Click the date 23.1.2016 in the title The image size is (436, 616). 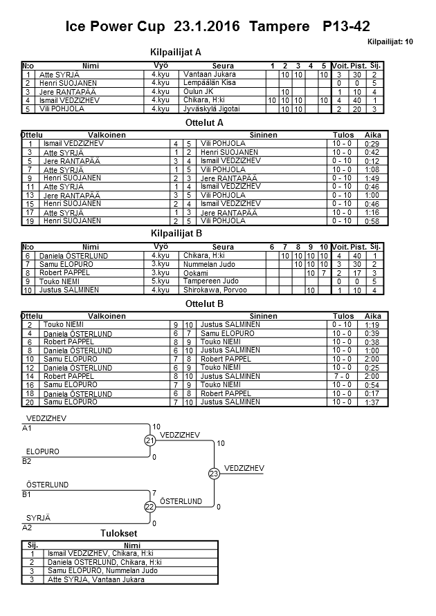(x=206, y=27)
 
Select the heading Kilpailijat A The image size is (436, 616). (x=175, y=52)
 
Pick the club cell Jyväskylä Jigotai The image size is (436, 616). (x=210, y=109)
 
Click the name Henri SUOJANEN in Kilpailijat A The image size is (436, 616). (x=67, y=83)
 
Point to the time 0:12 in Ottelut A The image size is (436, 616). (x=372, y=160)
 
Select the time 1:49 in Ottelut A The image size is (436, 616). (x=372, y=178)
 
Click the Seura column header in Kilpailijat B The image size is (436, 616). (x=223, y=247)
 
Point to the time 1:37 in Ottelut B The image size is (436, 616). (x=372, y=402)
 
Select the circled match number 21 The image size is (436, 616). (x=149, y=440)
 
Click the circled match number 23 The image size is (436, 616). (x=213, y=474)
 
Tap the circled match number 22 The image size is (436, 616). (x=149, y=507)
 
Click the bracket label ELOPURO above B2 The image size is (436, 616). (x=42, y=451)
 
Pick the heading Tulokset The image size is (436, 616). (x=118, y=533)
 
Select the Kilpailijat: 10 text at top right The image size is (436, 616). (x=391, y=41)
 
